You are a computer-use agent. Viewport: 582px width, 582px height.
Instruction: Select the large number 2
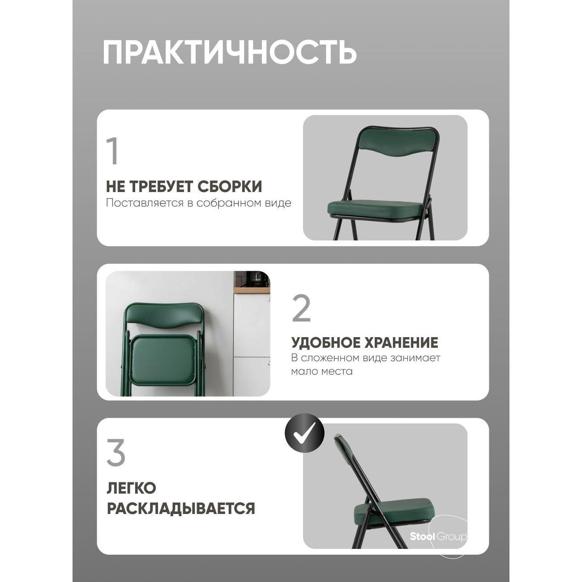click(x=301, y=308)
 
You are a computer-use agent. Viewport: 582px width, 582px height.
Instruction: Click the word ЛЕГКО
click(x=131, y=488)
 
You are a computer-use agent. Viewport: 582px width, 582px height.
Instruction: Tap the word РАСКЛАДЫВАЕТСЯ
click(x=181, y=509)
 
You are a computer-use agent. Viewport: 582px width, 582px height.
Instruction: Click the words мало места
click(x=321, y=371)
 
